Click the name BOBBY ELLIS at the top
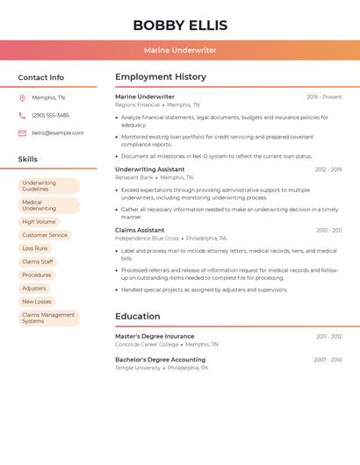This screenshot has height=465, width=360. [180, 25]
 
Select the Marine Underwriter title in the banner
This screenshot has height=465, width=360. [180, 50]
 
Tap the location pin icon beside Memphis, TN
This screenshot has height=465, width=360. [22, 98]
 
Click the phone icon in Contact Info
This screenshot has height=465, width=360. [22, 115]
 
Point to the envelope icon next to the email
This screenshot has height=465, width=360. [22, 133]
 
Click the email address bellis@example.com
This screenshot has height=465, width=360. [58, 133]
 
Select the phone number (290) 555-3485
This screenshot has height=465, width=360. [50, 115]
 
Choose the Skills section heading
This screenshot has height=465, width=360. [28, 160]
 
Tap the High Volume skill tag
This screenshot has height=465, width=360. [39, 222]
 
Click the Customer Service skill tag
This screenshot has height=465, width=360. [45, 235]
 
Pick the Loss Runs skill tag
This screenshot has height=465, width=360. [35, 248]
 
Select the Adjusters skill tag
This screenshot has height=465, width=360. [34, 289]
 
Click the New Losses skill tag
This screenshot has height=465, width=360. [37, 302]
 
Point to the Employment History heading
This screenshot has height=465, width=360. [161, 77]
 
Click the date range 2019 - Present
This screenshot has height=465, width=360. [324, 97]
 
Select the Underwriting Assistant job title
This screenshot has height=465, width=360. [149, 169]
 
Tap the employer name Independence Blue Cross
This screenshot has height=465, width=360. [147, 239]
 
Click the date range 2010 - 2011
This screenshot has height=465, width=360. [329, 231]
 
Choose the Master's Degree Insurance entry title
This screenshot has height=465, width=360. [155, 336]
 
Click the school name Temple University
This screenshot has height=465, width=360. [138, 368]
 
